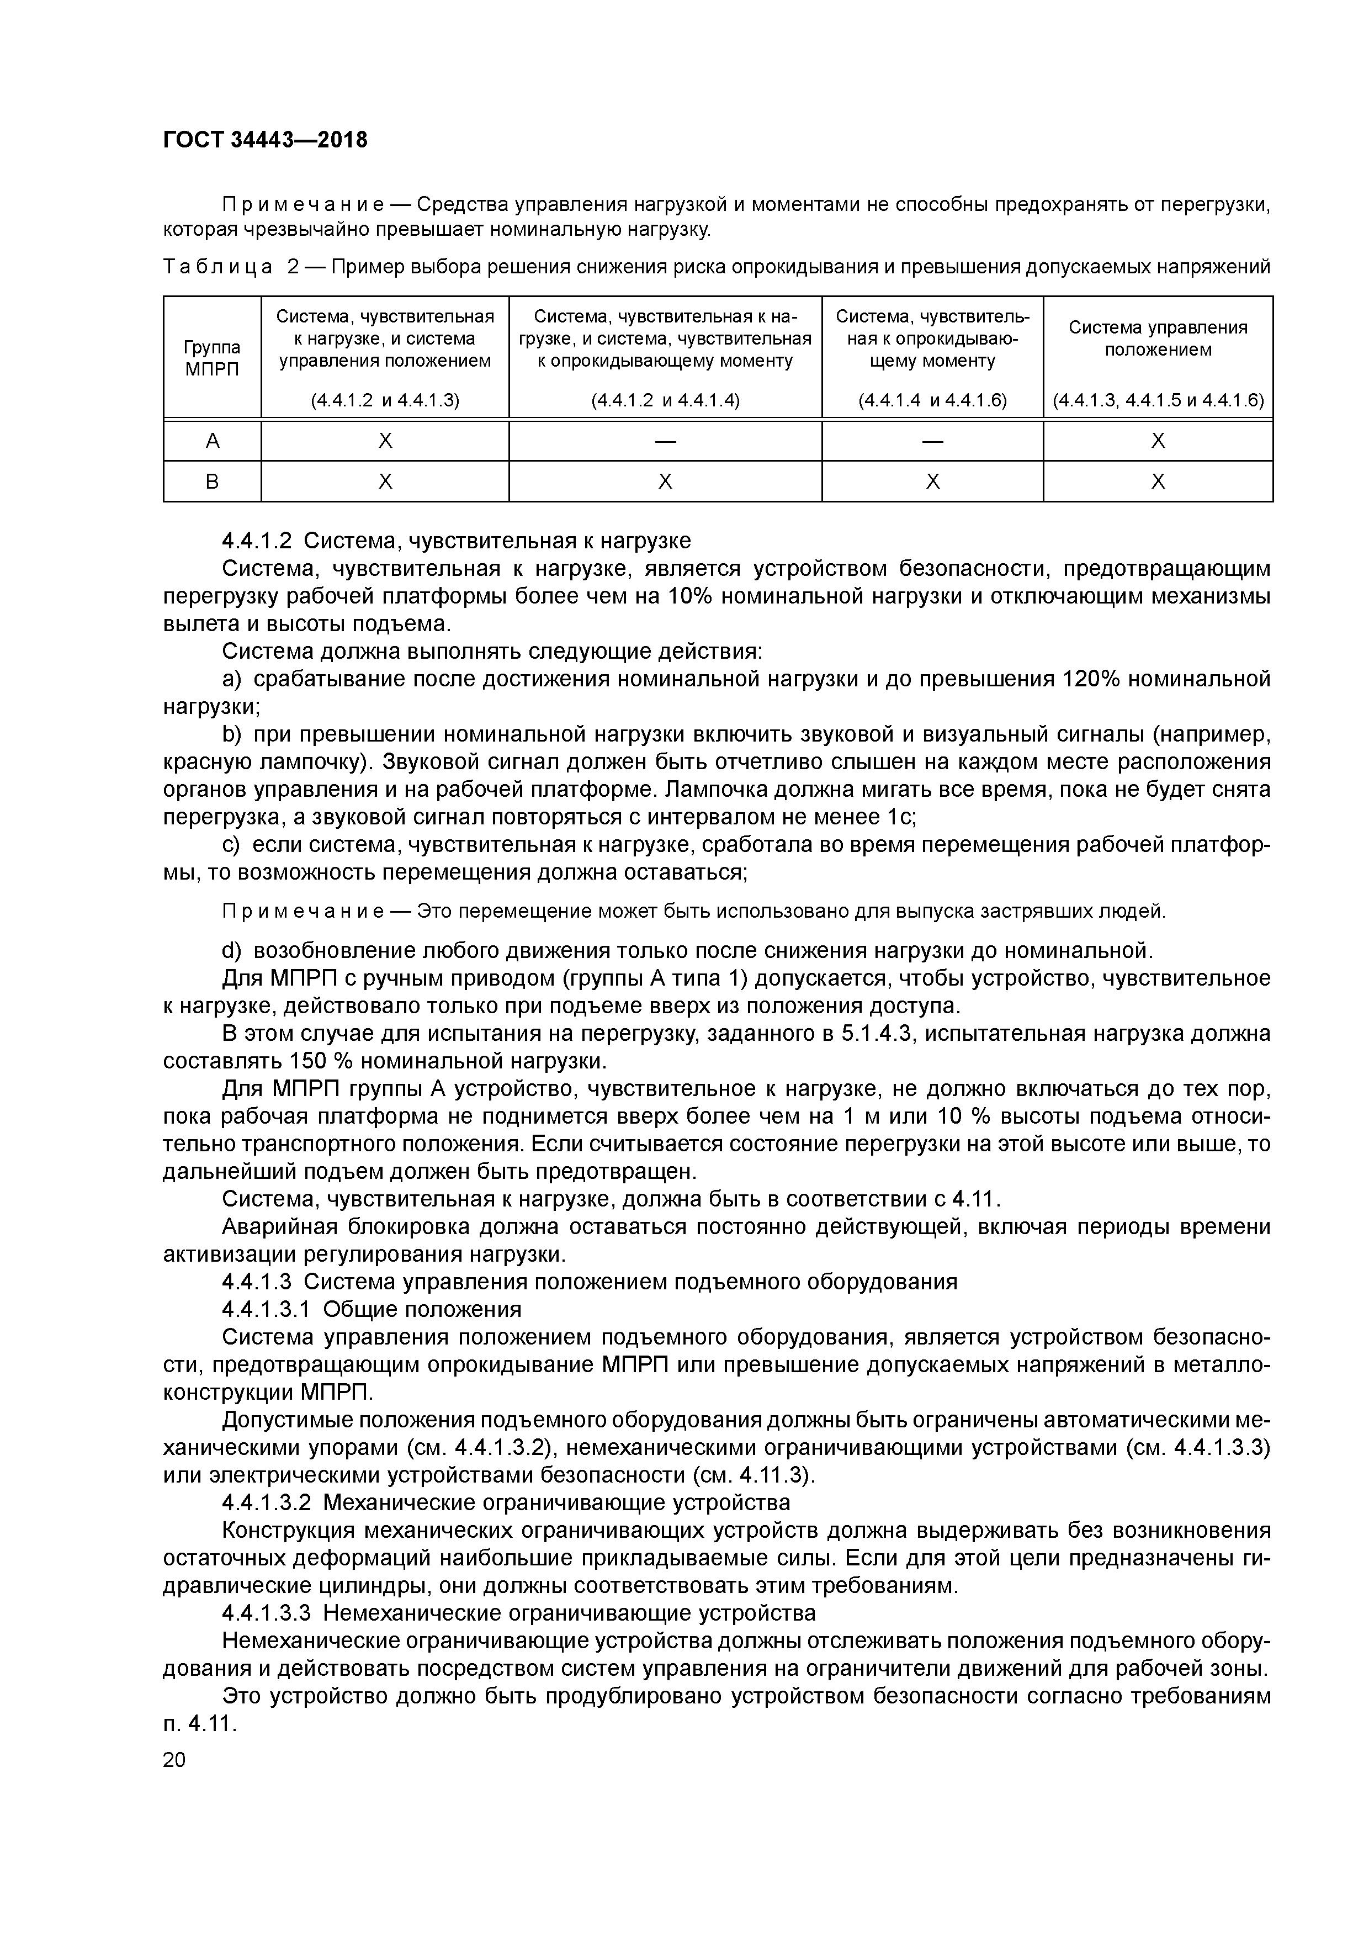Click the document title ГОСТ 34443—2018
265,139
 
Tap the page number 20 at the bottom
174,1760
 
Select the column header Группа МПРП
212,358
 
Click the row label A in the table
212,441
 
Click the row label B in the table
212,481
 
